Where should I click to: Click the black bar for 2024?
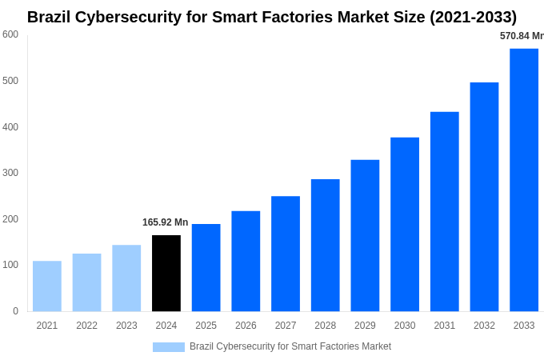(x=166, y=273)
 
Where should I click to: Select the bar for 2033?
(x=524, y=180)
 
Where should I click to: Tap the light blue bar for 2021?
(x=47, y=286)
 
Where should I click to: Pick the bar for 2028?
(x=326, y=245)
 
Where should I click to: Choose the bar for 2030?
(x=405, y=224)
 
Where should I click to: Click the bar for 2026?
(x=246, y=261)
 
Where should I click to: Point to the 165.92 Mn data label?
(x=166, y=222)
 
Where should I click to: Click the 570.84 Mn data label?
(x=521, y=36)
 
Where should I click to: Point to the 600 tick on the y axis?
(x=10, y=34)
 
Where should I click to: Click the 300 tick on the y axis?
(x=10, y=173)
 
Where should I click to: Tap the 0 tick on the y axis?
(x=15, y=311)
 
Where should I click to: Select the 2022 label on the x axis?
(x=86, y=326)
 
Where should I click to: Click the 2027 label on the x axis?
(x=286, y=326)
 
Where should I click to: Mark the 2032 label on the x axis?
(x=484, y=326)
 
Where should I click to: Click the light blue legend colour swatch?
(x=169, y=346)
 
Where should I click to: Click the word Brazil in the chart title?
(x=49, y=17)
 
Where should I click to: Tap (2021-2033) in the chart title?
(x=473, y=17)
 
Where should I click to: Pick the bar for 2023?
(x=126, y=278)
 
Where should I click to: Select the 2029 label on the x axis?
(x=365, y=326)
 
